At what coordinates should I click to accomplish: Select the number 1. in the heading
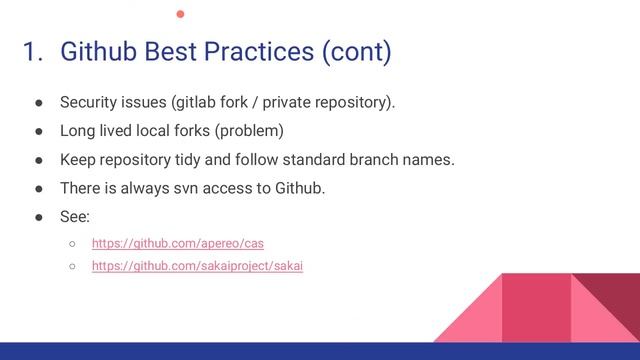(34, 51)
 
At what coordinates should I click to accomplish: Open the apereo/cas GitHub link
(177, 243)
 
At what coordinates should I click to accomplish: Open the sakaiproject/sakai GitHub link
(196, 267)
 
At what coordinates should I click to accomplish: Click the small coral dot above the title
(181, 13)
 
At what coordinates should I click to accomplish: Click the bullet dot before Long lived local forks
(34, 131)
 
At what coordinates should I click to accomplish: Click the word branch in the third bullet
(376, 160)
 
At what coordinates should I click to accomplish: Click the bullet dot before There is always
(34, 189)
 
